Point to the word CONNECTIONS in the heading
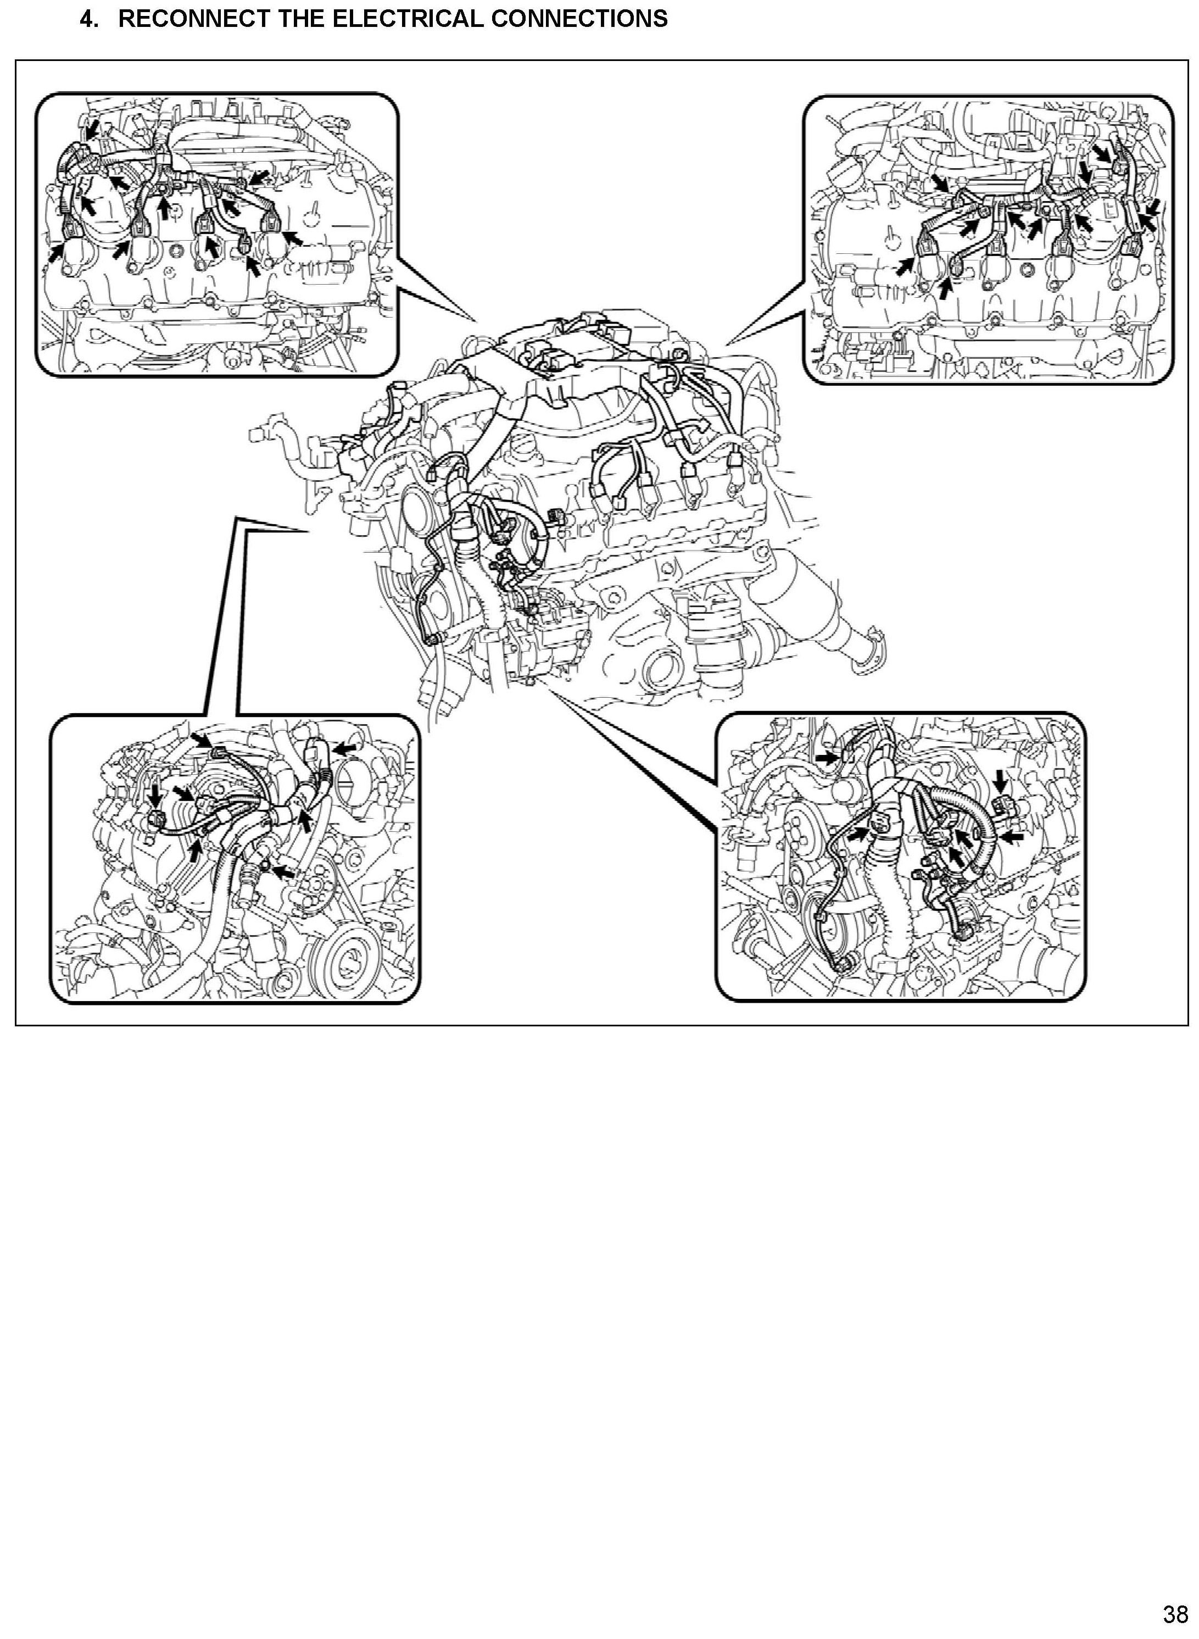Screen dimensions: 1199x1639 click(578, 19)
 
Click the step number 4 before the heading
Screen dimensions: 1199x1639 click(88, 19)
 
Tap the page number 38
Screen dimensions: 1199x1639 click(1175, 1614)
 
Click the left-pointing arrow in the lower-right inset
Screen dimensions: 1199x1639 click(1014, 836)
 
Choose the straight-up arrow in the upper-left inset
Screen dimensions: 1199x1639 click(166, 208)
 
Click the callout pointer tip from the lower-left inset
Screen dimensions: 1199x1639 click(311, 532)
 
